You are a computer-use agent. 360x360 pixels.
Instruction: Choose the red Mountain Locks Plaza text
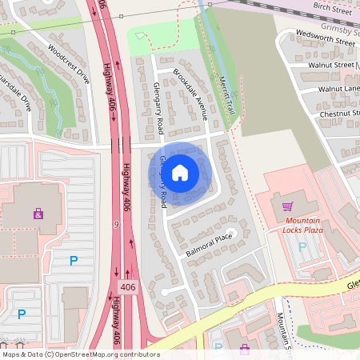click(302, 225)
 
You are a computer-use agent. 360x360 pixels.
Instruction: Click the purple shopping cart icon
click(287, 206)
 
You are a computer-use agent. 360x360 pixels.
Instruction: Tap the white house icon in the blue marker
click(180, 171)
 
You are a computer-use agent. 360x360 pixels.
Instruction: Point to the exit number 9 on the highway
click(118, 225)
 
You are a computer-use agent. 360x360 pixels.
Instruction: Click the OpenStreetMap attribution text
click(80, 354)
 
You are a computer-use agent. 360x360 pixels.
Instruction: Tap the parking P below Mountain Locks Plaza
click(302, 247)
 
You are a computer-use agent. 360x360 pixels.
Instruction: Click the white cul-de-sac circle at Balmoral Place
click(230, 234)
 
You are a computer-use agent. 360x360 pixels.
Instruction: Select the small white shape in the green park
click(142, 36)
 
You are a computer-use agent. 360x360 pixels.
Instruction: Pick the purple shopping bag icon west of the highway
click(38, 214)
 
